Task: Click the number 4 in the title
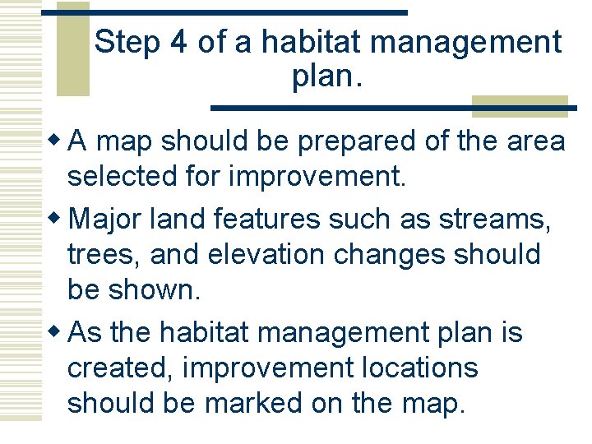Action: click(178, 42)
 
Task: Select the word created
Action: click(119, 368)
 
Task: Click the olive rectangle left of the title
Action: click(72, 49)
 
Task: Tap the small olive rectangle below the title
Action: click(520, 106)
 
